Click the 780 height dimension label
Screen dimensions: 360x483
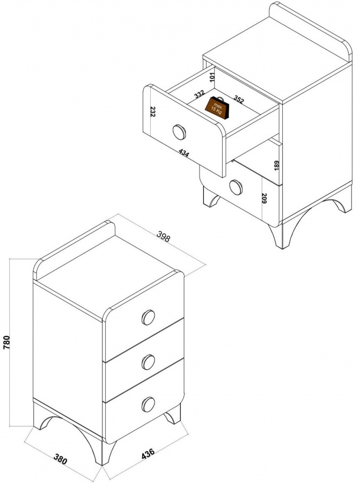7,342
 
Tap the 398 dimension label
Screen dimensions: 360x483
163,237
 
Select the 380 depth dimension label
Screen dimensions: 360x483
61,459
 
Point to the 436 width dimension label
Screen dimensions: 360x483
148,454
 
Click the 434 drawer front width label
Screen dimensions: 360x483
184,153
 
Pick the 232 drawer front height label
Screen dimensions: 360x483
153,112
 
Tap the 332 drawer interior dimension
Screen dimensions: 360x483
200,93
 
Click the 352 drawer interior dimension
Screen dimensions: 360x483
239,99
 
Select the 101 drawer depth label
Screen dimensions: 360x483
211,77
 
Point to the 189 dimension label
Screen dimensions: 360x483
276,165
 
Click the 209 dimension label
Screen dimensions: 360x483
264,198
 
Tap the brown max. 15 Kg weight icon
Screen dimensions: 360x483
217,107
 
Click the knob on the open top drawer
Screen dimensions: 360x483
179,132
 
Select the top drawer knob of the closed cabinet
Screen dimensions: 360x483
149,317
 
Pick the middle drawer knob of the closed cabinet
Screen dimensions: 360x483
149,362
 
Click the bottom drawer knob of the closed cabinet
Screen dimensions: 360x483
149,404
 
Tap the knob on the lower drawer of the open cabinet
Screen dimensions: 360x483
236,187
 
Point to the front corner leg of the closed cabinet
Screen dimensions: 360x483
106,452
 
